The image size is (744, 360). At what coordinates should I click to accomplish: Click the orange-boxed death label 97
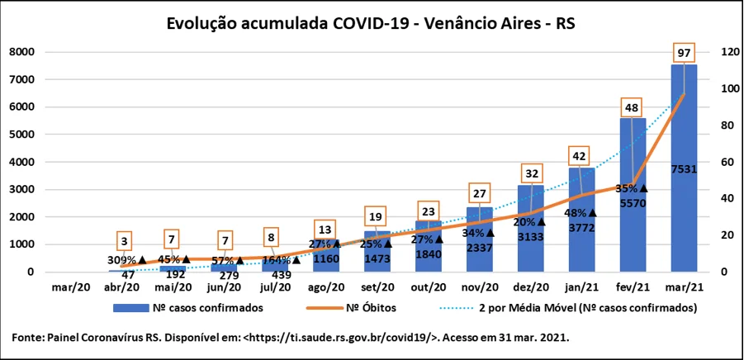pyautogui.click(x=683, y=53)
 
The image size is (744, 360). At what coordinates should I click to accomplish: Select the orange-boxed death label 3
pyautogui.click(x=124, y=243)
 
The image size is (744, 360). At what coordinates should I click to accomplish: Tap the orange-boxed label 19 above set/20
pyautogui.click(x=376, y=217)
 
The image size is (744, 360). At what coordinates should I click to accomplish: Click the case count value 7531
pyautogui.click(x=683, y=169)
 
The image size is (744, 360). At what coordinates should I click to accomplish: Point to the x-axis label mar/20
pyautogui.click(x=71, y=287)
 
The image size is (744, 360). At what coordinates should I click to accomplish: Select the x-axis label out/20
pyautogui.click(x=428, y=287)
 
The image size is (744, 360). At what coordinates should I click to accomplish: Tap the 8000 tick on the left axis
pyautogui.click(x=21, y=52)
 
